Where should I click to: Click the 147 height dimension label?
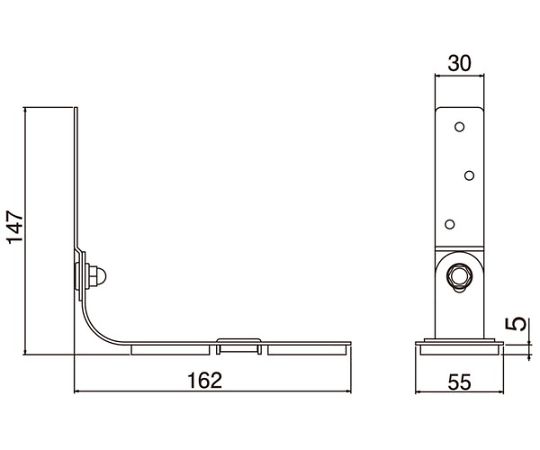coord(15,227)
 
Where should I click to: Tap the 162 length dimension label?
coord(205,380)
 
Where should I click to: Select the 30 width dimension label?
coord(459,64)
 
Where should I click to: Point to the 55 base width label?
coord(459,382)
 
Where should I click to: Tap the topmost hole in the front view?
coord(459,127)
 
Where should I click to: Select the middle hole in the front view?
coord(469,176)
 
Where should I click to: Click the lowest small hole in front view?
coord(450,224)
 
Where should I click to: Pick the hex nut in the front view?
coord(459,275)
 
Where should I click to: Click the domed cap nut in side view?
coord(98,276)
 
